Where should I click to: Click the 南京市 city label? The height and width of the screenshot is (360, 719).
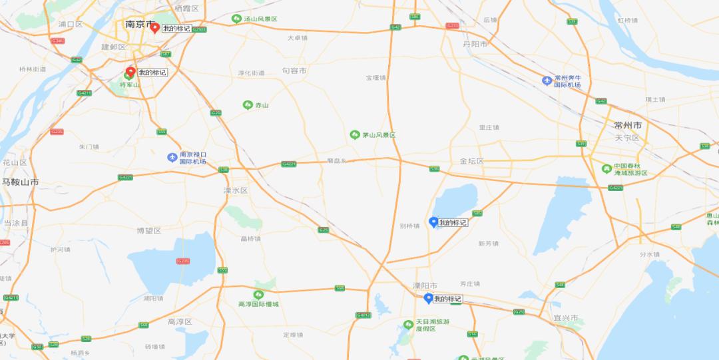point(139,24)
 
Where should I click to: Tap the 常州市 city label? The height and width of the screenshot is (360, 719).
point(628,125)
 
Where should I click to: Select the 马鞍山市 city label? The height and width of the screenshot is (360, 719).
point(19,182)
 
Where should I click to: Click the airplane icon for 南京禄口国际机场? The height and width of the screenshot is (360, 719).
point(172,158)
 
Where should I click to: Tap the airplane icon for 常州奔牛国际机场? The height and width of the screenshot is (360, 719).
point(547,81)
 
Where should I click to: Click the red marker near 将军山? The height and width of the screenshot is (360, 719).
point(131,71)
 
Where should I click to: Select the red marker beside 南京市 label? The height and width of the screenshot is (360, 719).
point(154,28)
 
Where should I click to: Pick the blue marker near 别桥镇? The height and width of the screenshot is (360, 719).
point(433,222)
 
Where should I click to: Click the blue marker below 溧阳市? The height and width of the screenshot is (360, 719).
point(428,298)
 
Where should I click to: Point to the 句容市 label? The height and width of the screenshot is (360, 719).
point(294,70)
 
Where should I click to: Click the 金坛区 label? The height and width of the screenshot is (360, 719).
point(472,161)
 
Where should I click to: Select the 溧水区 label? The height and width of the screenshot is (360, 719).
point(235,190)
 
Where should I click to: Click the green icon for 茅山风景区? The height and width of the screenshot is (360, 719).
point(355,134)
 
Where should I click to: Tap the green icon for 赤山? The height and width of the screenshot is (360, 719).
point(248,105)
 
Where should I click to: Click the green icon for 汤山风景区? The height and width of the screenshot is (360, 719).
point(236,19)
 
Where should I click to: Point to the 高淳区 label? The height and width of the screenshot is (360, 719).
point(179,321)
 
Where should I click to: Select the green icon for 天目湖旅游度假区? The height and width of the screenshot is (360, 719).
point(408,325)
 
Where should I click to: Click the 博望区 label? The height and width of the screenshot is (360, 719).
point(148,230)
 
